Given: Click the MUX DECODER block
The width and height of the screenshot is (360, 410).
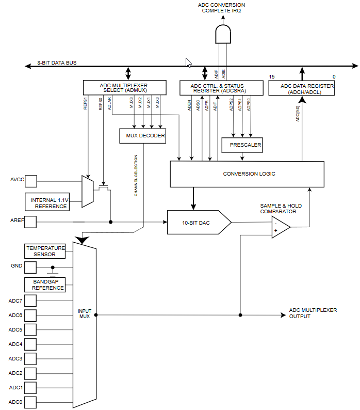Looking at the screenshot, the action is [143, 136].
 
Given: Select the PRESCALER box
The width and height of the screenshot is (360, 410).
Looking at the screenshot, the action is [242, 145].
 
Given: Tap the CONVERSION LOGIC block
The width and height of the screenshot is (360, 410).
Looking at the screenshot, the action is [247, 174].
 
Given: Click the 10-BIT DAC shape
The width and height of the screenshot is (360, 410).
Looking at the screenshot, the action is [199, 222].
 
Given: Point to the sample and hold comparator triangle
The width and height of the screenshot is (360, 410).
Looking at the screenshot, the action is [281, 227].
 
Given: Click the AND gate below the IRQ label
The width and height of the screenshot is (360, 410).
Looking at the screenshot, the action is [223, 34].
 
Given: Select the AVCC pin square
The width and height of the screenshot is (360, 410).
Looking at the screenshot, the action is [31, 181].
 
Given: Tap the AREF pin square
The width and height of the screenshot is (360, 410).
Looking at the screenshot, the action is [30, 222].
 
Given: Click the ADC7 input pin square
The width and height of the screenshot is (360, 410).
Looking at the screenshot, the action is [30, 301].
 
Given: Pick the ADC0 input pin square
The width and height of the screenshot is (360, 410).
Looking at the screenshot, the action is [30, 402].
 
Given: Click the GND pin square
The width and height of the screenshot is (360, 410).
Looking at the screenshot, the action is [30, 267].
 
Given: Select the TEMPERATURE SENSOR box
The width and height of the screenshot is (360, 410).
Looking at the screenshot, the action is [45, 251].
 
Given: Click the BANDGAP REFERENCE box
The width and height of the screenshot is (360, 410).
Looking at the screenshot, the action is [45, 285].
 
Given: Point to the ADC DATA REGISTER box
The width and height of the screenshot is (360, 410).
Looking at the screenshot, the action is [302, 88].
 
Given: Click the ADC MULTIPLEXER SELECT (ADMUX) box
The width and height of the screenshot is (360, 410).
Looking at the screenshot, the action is [125, 88].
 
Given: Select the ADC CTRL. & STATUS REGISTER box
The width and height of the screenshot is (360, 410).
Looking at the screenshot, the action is [221, 88].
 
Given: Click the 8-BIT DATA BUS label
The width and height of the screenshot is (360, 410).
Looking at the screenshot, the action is [57, 63].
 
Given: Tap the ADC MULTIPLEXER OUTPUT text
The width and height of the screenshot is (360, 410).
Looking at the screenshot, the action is [313, 313].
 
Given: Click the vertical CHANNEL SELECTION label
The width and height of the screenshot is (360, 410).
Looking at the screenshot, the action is [136, 176].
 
